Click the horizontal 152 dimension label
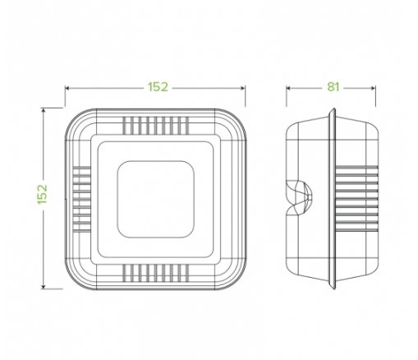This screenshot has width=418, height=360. pyautogui.click(x=158, y=87)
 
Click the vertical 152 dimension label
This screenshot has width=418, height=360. pyautogui.click(x=43, y=194)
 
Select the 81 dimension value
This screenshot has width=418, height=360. pyautogui.click(x=333, y=87)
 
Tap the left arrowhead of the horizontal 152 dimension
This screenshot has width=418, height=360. pyautogui.click(x=67, y=88)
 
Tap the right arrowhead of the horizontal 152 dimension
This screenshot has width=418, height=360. pyautogui.click(x=243, y=88)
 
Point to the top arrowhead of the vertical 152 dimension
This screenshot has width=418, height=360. pyautogui.click(x=43, y=110)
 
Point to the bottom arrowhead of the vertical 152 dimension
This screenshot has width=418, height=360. pyautogui.click(x=43, y=287)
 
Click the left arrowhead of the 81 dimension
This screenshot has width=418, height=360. pyautogui.click(x=288, y=88)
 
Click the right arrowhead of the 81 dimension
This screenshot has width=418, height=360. pyautogui.click(x=374, y=88)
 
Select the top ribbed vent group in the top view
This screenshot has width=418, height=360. pyautogui.click(x=156, y=126)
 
